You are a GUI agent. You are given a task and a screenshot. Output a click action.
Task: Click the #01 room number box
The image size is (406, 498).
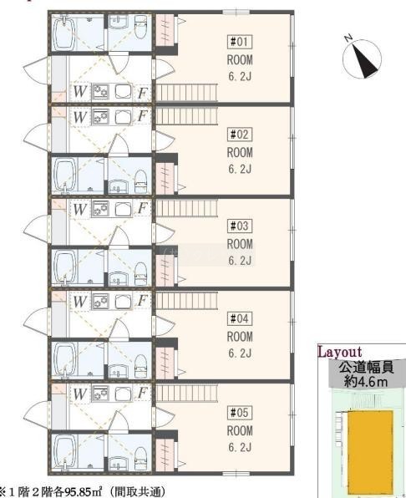240,42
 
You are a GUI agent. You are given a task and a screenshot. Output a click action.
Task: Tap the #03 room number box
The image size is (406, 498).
240,226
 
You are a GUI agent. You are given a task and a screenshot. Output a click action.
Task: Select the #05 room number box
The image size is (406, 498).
240,413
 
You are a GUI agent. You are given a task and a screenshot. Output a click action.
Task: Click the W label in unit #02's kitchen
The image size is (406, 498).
79,117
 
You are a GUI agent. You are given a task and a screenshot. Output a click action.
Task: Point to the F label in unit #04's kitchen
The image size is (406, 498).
143,301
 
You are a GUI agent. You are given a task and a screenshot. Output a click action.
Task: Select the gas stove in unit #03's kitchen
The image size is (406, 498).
100,209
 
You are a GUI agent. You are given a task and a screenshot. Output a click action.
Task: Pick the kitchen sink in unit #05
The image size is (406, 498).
123,394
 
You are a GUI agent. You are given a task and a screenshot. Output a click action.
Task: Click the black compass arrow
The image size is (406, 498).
365,61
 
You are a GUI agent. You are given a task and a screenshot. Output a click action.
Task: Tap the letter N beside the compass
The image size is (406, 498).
348,38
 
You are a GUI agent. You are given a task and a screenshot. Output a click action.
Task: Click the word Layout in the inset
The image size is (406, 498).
340,352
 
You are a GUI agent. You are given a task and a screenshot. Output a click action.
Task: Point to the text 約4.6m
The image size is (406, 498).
366,382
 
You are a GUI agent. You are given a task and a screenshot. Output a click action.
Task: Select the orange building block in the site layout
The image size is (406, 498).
371,450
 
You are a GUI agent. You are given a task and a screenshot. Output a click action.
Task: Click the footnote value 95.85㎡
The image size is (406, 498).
83,491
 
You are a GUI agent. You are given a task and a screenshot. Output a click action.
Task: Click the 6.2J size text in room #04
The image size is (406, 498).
240,353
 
